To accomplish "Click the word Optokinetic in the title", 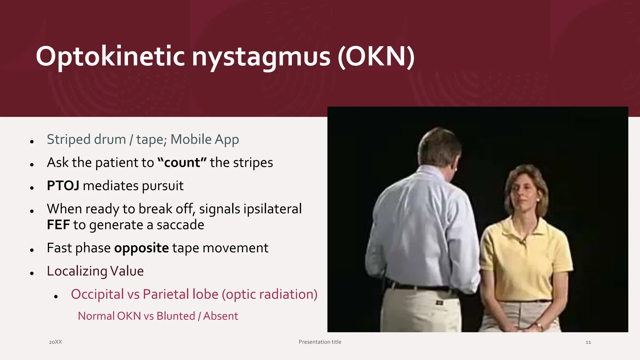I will pos(110,57).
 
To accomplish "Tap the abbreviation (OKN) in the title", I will pos(376,57).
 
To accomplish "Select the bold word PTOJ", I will pos(63,186).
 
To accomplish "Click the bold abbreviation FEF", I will pos(58,225).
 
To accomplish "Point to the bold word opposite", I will pos(141,248).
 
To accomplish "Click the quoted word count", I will pos(182,162).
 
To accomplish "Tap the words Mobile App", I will pos(204,139).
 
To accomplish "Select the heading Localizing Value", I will pos(95,271).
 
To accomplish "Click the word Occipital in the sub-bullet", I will pos(97,294).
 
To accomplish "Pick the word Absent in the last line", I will pos(220,316).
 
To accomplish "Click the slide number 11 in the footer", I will pos(588,342).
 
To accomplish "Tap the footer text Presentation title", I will pos(320,342).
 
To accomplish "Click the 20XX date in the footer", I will pos(55,342).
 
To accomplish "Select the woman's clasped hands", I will pos(525,327).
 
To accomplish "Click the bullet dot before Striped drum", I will pos(32,142).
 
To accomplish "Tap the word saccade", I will pos(180,225).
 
